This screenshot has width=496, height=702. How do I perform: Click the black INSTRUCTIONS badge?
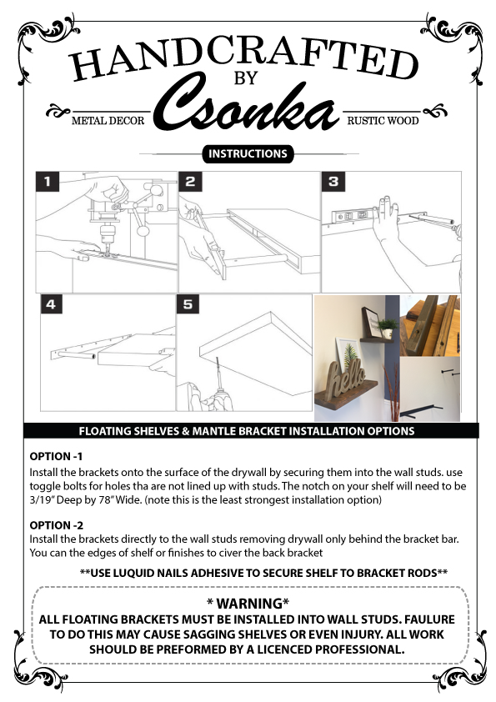248,153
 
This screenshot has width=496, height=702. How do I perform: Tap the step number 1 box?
48,182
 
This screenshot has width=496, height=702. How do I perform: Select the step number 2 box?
190,182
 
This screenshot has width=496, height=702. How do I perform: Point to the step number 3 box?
333,182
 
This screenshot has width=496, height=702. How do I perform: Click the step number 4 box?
51,304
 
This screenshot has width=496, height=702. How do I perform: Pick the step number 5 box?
188,304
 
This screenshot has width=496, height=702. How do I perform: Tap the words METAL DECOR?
108,121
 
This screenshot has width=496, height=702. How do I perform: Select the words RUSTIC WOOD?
383,121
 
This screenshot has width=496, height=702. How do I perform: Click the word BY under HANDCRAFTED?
246,78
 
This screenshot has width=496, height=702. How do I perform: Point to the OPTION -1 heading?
56,457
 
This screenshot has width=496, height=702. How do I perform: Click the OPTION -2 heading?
57,525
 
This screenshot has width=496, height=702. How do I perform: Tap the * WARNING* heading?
248,604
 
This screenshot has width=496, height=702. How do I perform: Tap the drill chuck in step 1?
108,234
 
